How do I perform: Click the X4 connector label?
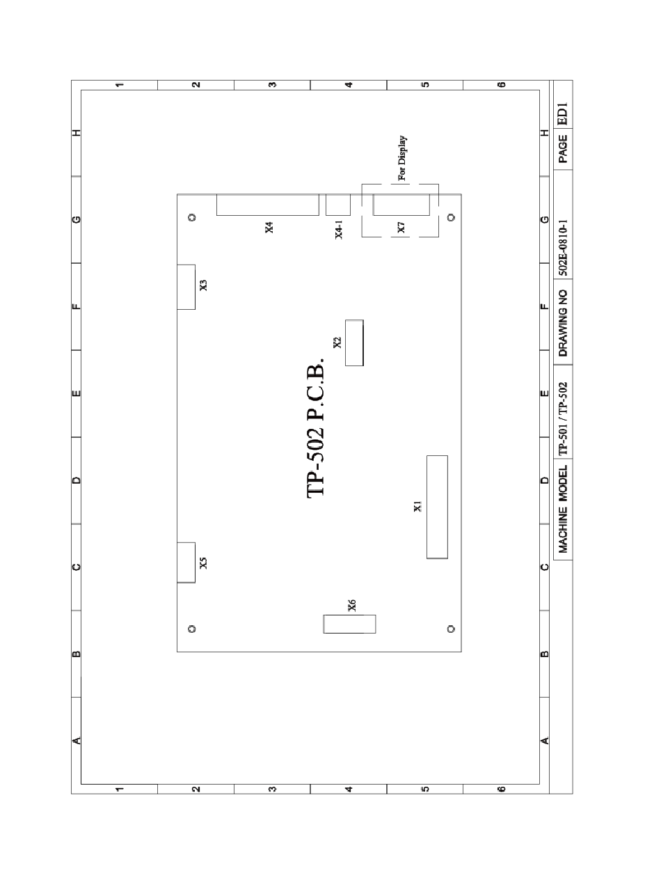[x=269, y=228]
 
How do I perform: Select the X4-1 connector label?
[x=339, y=230]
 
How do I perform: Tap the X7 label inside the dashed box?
[x=401, y=228]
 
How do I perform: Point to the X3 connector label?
[x=203, y=285]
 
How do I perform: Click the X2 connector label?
[x=337, y=343]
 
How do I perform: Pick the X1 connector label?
[x=417, y=506]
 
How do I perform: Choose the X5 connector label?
[x=203, y=563]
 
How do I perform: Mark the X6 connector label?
[x=352, y=606]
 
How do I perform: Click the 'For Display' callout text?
[x=402, y=158]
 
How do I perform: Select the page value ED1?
[x=563, y=114]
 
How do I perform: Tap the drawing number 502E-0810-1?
[x=563, y=247]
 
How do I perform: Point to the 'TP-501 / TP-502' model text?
[x=563, y=419]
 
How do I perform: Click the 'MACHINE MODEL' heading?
[x=563, y=509]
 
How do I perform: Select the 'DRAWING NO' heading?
[x=563, y=323]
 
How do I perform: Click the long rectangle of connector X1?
[x=437, y=507]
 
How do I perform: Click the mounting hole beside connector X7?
[x=451, y=218]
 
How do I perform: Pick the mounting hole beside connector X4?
[x=192, y=218]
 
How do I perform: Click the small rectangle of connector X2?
[x=354, y=343]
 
